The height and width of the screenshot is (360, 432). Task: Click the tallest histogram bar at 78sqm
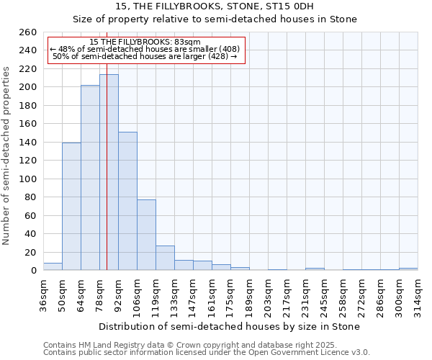pos(109,173)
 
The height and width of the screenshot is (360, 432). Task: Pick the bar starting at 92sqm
pos(127,202)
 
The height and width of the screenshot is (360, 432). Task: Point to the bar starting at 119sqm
pos(165,258)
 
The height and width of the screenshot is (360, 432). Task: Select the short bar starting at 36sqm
pos(53,266)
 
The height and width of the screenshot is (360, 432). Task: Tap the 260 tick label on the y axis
pos(27,32)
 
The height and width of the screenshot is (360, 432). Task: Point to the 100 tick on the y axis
pos(27,179)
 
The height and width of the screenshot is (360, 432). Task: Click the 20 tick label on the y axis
pos(30,252)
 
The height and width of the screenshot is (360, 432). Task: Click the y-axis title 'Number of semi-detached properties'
pos(7,156)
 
